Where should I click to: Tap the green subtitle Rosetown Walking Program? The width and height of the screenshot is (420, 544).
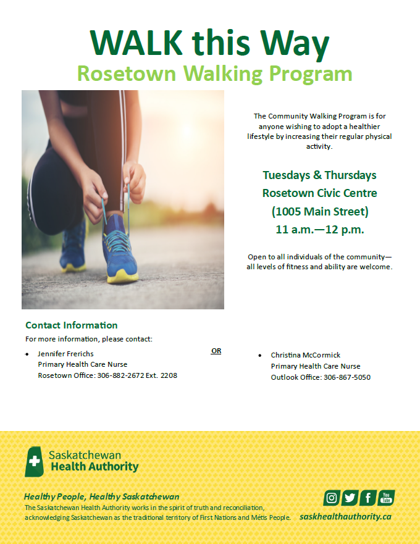214,74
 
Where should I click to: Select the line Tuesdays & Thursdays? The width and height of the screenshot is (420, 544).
319,175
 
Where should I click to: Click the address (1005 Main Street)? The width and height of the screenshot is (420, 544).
319,212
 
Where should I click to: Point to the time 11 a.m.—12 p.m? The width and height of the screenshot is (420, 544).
319,230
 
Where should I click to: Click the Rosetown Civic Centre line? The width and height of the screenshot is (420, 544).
319,193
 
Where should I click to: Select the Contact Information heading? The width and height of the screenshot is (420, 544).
71,325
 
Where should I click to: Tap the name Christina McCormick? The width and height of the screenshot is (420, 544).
305,356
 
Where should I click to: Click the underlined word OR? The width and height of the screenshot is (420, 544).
216,351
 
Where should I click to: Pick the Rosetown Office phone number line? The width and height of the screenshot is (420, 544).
107,375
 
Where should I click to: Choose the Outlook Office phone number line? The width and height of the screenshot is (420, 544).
321,377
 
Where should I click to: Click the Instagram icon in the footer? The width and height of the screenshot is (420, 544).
332,498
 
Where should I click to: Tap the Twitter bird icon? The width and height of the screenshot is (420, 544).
350,498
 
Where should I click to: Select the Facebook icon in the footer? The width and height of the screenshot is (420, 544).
368,498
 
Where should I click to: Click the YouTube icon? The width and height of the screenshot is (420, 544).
386,498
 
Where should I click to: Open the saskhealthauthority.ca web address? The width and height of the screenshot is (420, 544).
345,516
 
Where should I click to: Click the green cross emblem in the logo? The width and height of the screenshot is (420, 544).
35,461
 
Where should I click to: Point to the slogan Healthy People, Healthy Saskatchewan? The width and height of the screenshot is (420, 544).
101,496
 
